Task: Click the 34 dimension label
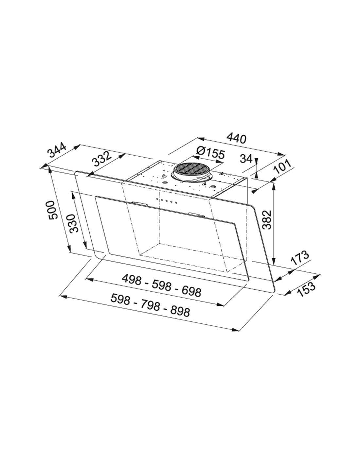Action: tap(246, 159)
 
